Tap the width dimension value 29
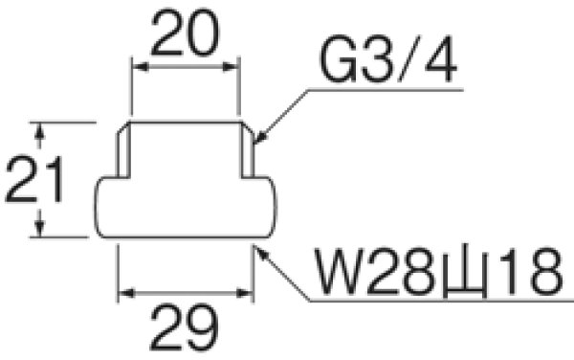point(184,331)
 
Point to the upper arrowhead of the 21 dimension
point(40,128)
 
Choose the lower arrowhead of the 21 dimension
point(40,232)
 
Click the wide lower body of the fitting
point(188,208)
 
